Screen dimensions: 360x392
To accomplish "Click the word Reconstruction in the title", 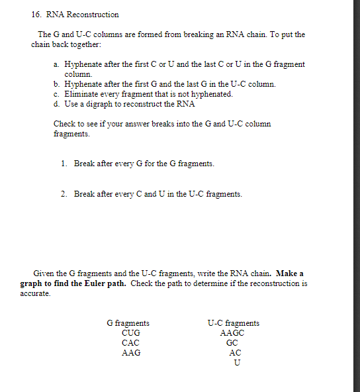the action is (95, 14).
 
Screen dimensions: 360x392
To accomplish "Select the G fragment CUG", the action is (130, 333).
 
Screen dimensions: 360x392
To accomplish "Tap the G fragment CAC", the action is (130, 343).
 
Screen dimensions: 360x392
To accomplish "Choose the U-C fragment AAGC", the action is (232, 333).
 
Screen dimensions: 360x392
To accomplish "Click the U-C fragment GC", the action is (232, 343).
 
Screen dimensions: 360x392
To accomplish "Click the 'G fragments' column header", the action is (128, 323).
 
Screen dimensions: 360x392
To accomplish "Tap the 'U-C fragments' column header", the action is (233, 323).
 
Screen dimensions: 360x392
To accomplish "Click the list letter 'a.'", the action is (57, 64).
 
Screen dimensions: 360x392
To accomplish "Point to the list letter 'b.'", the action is (57, 84).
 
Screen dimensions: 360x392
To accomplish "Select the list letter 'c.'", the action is (57, 94).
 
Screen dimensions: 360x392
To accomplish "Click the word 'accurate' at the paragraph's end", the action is (35, 293).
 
